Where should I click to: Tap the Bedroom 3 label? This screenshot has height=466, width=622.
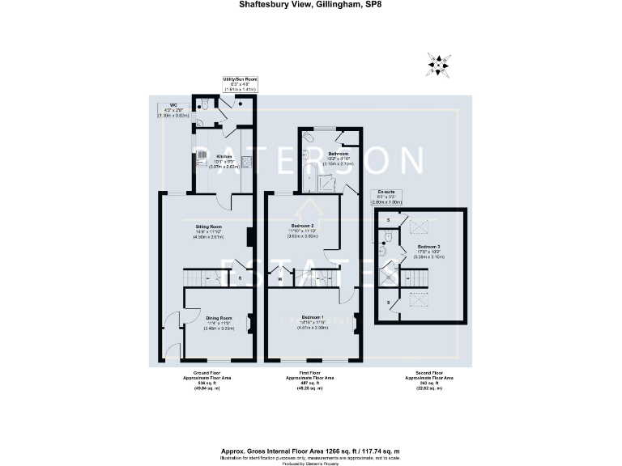pyautogui.click(x=429, y=250)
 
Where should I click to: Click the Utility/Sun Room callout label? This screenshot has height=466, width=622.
pyautogui.click(x=239, y=83)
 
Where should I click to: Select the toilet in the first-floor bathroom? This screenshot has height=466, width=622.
pyautogui.click(x=310, y=140)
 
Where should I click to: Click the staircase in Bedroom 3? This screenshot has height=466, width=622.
pyautogui.click(x=415, y=277)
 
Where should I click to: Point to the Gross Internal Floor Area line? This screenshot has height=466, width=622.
pyautogui.click(x=311, y=428)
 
